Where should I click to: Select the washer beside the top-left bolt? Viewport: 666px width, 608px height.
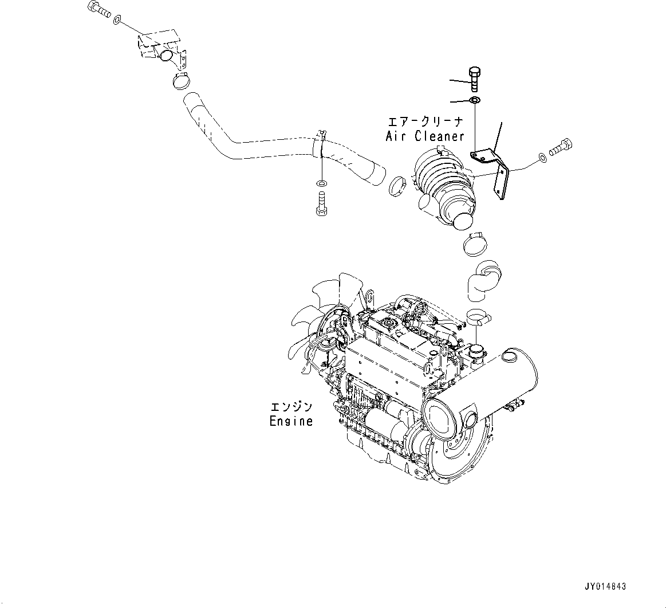(x=117, y=21)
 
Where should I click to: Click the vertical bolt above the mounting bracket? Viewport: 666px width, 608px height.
(x=474, y=79)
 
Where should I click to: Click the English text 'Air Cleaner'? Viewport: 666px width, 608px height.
(x=424, y=136)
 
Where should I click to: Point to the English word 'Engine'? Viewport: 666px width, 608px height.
(x=291, y=421)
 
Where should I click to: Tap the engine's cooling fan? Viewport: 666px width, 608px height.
(x=321, y=321)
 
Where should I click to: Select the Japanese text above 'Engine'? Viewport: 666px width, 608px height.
(x=291, y=407)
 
